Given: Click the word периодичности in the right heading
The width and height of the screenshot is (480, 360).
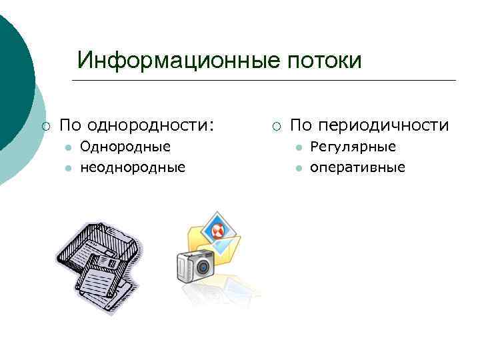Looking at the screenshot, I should (383, 125).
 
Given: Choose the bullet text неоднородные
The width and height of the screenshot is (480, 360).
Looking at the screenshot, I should (132, 167).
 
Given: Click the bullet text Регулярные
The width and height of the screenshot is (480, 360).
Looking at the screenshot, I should (353, 147).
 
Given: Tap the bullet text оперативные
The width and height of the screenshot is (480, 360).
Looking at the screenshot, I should (357, 167).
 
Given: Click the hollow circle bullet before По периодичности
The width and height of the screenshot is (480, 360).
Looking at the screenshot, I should (276, 125).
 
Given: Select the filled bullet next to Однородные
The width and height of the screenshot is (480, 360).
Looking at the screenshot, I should (68, 147).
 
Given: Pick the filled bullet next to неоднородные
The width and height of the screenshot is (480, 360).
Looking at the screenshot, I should (68, 167).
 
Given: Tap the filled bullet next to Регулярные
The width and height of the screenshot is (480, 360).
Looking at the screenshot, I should (299, 147).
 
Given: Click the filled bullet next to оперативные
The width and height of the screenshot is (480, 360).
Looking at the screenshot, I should (299, 167).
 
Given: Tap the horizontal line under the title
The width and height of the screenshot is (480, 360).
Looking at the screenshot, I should (263, 81).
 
